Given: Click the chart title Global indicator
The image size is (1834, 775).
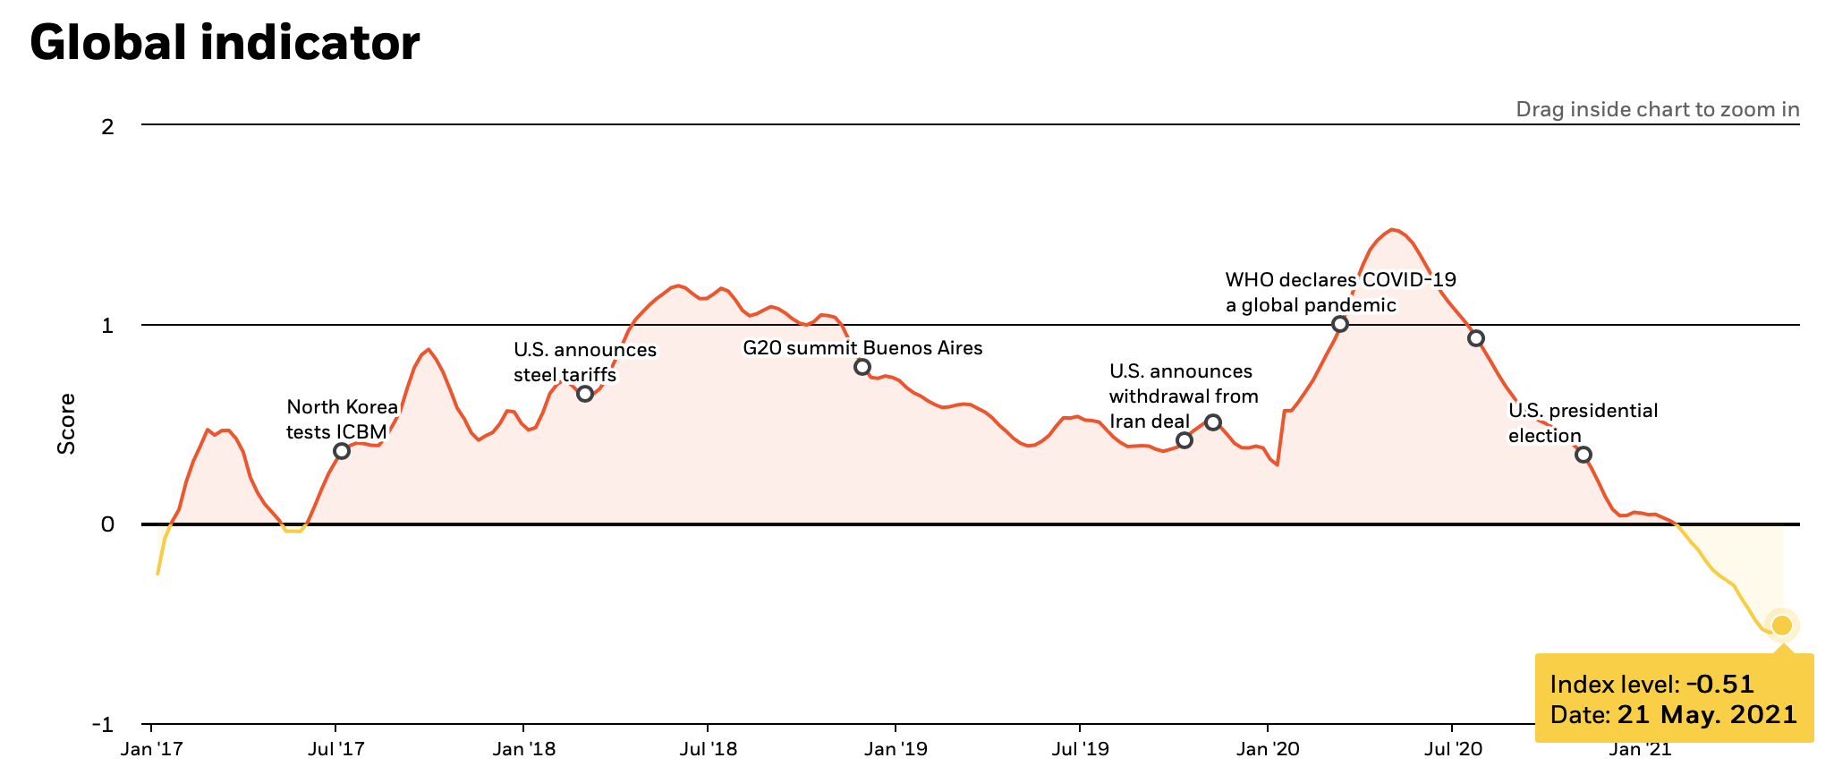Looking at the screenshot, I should point(225,43).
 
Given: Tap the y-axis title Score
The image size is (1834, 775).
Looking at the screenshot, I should point(66,423).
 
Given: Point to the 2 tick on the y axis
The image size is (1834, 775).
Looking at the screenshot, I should point(107,126).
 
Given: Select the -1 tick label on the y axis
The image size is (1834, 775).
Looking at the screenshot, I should point(103,724).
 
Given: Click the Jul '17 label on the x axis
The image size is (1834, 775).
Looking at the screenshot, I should point(335,748).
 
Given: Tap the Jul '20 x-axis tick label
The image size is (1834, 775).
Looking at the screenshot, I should point(1451,748).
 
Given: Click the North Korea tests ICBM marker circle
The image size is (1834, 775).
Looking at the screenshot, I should point(341,451).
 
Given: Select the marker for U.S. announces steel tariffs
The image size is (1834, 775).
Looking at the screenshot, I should point(585,394).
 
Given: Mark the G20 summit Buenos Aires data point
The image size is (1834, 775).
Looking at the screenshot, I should point(862,367).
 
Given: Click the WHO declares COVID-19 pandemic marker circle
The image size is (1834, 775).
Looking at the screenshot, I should point(1339,324).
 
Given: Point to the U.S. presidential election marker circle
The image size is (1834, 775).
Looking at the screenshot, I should point(1583,455).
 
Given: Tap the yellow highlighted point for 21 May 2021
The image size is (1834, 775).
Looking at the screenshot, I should point(1782,625).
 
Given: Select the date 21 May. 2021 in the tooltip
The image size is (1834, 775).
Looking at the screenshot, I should point(1706,715).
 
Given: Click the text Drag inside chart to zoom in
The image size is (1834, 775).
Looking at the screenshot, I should point(1657,110).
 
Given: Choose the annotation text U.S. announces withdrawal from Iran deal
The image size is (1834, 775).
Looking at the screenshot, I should point(1183,396).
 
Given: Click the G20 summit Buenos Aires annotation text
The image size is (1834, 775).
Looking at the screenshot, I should point(862,348).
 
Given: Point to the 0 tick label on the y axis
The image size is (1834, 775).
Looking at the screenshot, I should point(107,524).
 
